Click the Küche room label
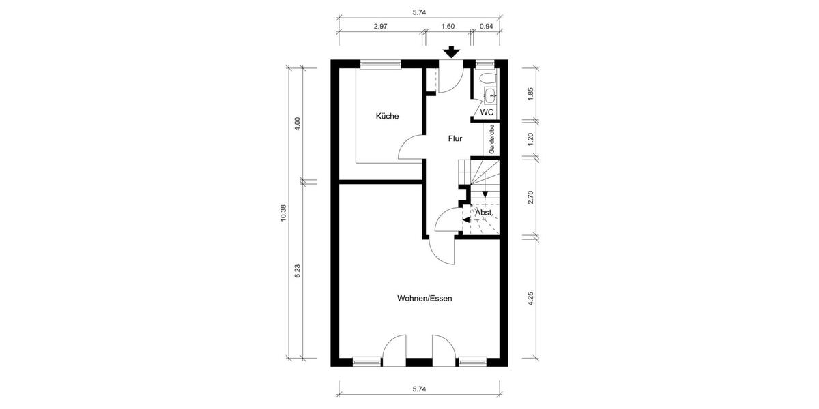point(387,116)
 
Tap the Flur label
point(455,138)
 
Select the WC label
point(487,112)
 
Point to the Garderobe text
point(491,138)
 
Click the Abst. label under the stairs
point(483,212)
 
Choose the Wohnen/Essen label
point(425,298)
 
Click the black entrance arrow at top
point(451,52)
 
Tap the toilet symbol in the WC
point(489,93)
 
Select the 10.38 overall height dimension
point(283,213)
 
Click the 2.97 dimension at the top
point(381,26)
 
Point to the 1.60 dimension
point(448,26)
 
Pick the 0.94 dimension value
point(487,26)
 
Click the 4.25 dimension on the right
point(530,300)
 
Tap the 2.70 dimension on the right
point(530,198)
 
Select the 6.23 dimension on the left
point(298,271)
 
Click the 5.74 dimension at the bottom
point(419,389)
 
